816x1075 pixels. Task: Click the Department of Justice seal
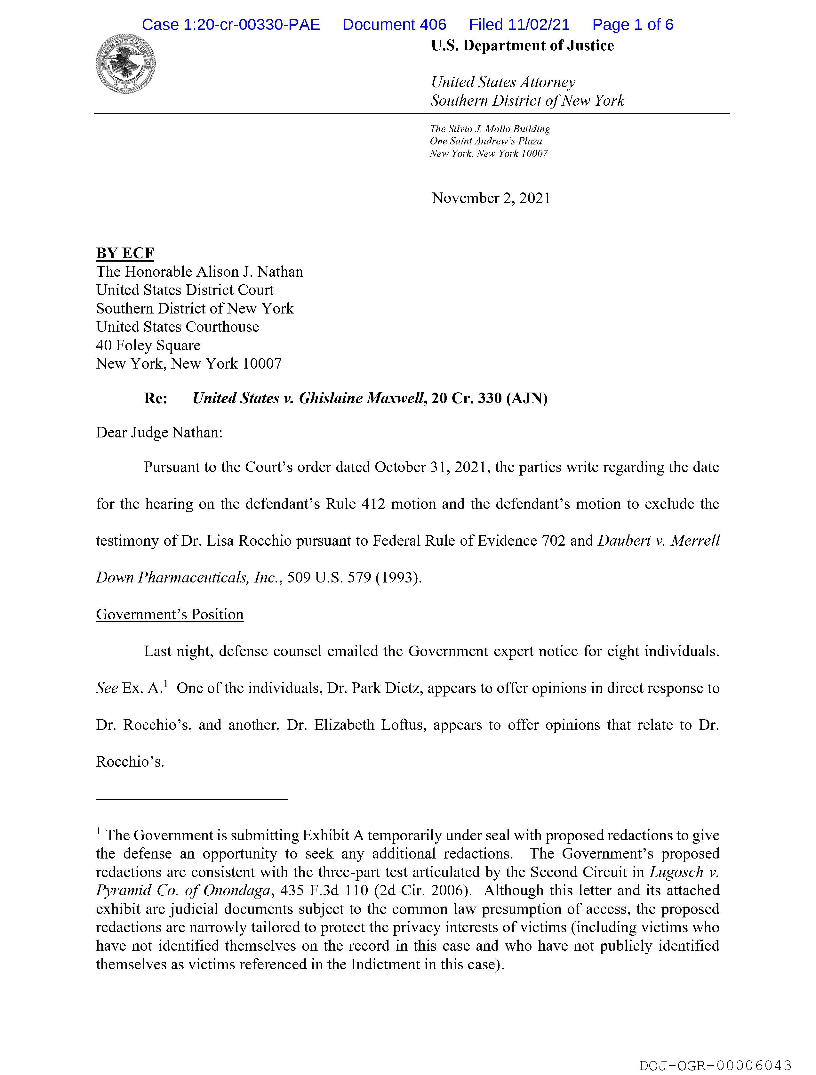(x=126, y=64)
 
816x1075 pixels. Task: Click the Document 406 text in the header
(x=394, y=25)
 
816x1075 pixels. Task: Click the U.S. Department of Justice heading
(x=522, y=46)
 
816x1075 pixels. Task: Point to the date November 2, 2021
(x=491, y=198)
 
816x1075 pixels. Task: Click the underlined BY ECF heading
(x=125, y=253)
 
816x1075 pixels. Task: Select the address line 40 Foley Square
(x=148, y=346)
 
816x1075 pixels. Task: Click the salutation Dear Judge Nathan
(x=159, y=433)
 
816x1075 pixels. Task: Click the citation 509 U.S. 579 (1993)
(x=354, y=577)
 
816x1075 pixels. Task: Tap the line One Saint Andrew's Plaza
(x=486, y=142)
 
